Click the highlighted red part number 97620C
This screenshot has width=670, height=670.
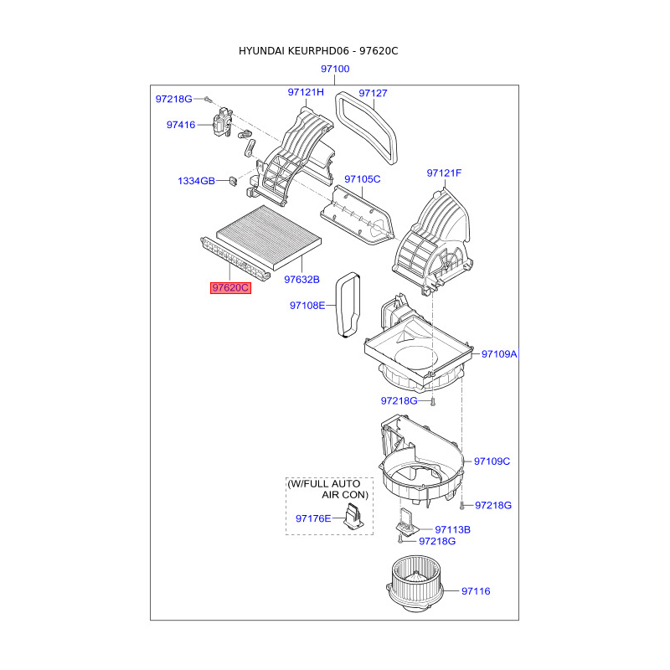tap(230, 288)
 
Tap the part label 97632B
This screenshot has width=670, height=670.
tap(301, 280)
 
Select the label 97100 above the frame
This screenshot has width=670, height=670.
tap(335, 69)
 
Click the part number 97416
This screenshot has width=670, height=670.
tap(181, 125)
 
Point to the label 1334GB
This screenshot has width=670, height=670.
tap(196, 181)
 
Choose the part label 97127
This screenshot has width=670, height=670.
tap(373, 93)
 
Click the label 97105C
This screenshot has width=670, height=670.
tap(363, 179)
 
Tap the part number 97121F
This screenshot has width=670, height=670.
tap(444, 173)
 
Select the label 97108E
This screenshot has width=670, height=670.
tap(307, 306)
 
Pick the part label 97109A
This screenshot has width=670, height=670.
tap(499, 353)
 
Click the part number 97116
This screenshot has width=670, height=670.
tap(476, 591)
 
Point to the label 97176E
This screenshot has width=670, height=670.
tap(313, 518)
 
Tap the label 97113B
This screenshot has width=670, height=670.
tap(452, 530)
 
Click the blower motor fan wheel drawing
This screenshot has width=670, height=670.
tap(415, 584)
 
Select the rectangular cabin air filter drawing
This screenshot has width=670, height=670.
tap(269, 238)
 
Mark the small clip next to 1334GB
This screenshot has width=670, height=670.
tap(233, 181)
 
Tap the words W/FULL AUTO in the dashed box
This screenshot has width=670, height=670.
tap(324, 484)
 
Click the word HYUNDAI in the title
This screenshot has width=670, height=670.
tap(261, 51)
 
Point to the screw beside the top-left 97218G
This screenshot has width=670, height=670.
tap(208, 99)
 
